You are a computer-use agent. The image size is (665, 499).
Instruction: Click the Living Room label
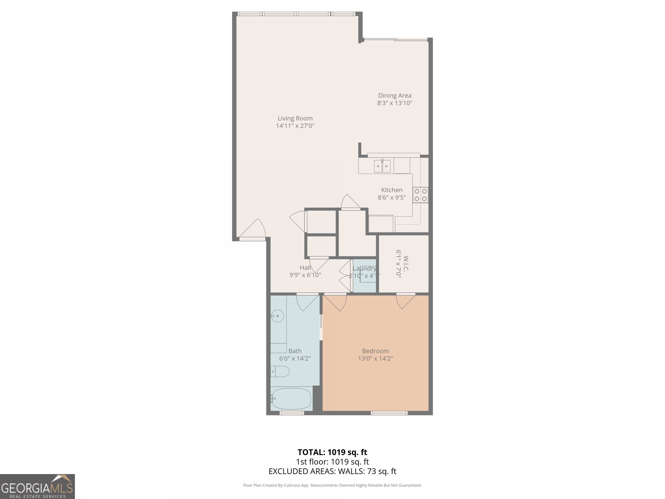[295, 118]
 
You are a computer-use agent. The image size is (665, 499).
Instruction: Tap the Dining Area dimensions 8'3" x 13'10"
[394, 103]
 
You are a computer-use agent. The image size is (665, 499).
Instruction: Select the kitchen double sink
[382, 166]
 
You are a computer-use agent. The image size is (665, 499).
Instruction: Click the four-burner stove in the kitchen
[420, 195]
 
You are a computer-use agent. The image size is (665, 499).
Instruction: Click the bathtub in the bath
[291, 399]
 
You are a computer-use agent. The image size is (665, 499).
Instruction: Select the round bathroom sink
[278, 316]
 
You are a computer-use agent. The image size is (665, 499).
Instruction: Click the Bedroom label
[375, 351]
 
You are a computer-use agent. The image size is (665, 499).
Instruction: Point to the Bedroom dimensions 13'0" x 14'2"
[375, 358]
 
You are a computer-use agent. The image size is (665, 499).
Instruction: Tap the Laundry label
[364, 268]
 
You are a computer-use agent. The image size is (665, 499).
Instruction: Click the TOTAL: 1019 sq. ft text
[332, 452]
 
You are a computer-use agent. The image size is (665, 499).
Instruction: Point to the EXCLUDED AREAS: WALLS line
[332, 471]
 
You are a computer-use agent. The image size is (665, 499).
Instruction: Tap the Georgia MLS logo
[37, 486]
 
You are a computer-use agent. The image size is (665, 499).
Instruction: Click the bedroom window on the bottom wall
[389, 413]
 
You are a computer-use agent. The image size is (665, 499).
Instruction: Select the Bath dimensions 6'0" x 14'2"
[295, 358]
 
